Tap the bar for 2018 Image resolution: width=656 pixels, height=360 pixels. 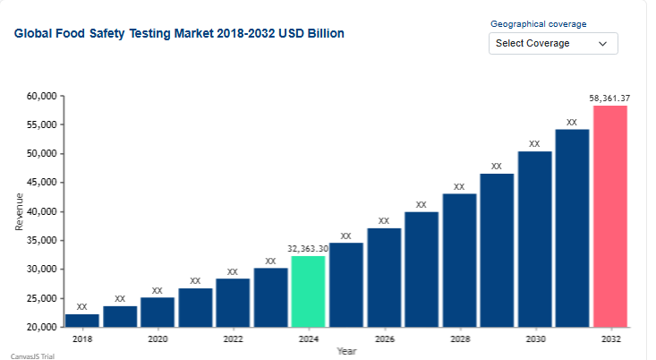click(x=81, y=321)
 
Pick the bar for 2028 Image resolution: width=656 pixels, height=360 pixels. click(x=459, y=261)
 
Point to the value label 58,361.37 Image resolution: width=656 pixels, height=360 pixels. click(x=609, y=98)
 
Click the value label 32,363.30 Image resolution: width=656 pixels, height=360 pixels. click(x=308, y=248)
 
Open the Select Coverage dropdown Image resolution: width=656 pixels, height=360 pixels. click(x=553, y=43)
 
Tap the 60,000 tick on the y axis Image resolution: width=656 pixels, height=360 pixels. click(x=42, y=96)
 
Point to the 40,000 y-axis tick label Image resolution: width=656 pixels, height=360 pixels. click(x=42, y=211)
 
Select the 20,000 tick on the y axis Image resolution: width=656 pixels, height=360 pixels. click(x=42, y=328)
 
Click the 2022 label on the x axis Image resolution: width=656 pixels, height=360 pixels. click(x=233, y=339)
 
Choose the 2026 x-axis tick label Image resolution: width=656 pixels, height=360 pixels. click(x=384, y=339)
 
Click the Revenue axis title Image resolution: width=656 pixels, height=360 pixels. click(x=20, y=211)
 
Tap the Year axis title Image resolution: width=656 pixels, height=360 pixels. click(x=346, y=351)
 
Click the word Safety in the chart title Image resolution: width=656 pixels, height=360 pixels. click(x=115, y=33)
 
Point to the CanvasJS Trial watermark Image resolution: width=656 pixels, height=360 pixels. click(x=31, y=356)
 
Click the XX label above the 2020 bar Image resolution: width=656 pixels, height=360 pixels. click(x=158, y=290)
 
